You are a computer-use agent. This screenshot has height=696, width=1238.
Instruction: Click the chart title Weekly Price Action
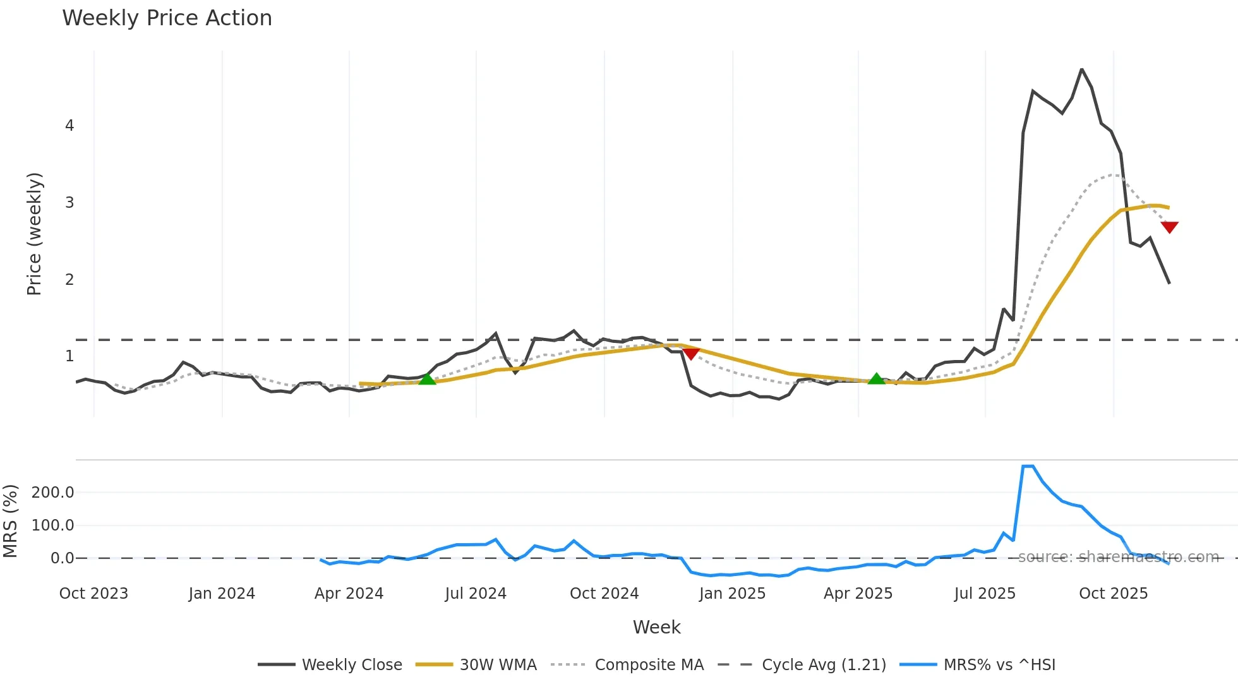coord(167,18)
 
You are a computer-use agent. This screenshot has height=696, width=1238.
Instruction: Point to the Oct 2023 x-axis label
coord(93,594)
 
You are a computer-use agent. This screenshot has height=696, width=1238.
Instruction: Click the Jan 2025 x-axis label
coord(732,594)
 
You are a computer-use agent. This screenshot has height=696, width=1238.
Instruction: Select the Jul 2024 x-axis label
coord(476,594)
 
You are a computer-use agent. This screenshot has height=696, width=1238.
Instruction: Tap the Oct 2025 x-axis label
coord(1113,594)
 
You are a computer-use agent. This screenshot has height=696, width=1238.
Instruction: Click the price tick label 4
coord(69,126)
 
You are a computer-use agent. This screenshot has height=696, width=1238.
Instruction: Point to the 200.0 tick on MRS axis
coord(52,493)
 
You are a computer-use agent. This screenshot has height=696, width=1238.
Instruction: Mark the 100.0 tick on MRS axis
coord(52,525)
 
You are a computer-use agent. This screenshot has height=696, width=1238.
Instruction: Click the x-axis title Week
coord(656,627)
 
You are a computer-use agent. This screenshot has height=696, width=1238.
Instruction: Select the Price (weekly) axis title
coord(34,234)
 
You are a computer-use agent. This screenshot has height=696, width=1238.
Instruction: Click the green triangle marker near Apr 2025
coord(876,379)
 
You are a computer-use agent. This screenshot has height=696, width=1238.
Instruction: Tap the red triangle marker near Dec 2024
coord(691,353)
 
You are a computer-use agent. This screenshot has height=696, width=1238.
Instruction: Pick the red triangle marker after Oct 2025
coord(1169,227)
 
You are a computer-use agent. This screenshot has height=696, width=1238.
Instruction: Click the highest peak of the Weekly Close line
coord(1081,69)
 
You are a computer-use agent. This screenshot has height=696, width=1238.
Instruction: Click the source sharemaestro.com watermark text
coord(1118,557)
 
